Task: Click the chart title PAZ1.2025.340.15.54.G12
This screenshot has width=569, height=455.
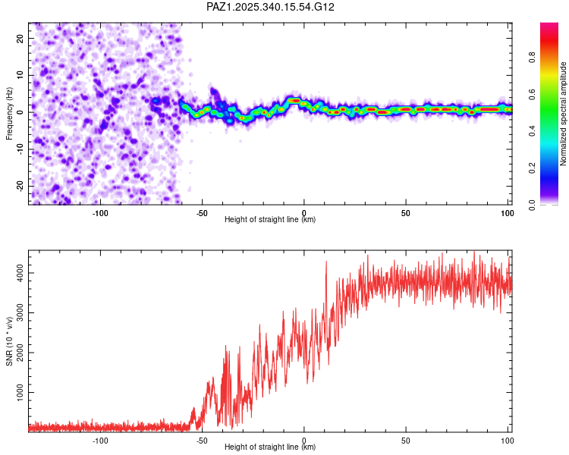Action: point(271,7)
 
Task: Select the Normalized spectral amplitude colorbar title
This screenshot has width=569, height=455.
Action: point(563,114)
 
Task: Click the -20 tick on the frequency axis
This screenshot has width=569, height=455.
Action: point(18,186)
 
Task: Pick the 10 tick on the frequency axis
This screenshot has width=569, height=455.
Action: point(20,75)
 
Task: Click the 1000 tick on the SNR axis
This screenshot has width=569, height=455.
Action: point(17,393)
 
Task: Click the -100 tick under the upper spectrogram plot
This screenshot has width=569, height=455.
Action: point(100,212)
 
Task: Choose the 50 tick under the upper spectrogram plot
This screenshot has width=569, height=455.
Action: point(405,212)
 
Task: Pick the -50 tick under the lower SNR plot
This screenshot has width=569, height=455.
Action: point(202,440)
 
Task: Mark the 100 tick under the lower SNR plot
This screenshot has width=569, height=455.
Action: point(507,440)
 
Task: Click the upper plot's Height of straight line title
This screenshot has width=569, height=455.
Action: point(270,219)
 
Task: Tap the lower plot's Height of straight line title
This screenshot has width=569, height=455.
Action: point(270,447)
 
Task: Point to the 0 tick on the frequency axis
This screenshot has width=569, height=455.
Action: point(22,111)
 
